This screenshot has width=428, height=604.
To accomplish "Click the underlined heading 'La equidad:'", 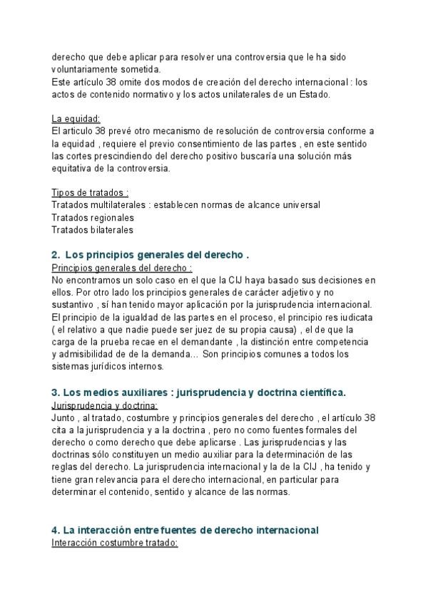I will [x=76, y=118].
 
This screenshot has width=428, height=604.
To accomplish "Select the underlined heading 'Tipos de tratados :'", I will [x=90, y=193].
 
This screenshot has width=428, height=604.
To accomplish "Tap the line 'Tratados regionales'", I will [x=93, y=217].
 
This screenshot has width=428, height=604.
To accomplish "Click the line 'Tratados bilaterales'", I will [x=92, y=229].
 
